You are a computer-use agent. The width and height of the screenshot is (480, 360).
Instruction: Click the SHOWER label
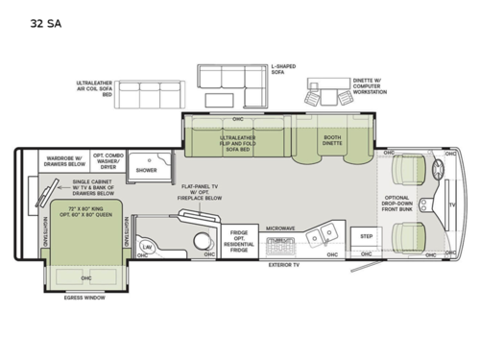tap(146, 170)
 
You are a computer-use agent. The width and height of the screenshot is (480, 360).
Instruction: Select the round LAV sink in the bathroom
tap(148, 246)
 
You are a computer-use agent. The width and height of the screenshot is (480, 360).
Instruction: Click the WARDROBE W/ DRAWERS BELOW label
tap(62, 160)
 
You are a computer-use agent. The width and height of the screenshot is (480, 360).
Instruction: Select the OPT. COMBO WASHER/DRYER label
tap(107, 160)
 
